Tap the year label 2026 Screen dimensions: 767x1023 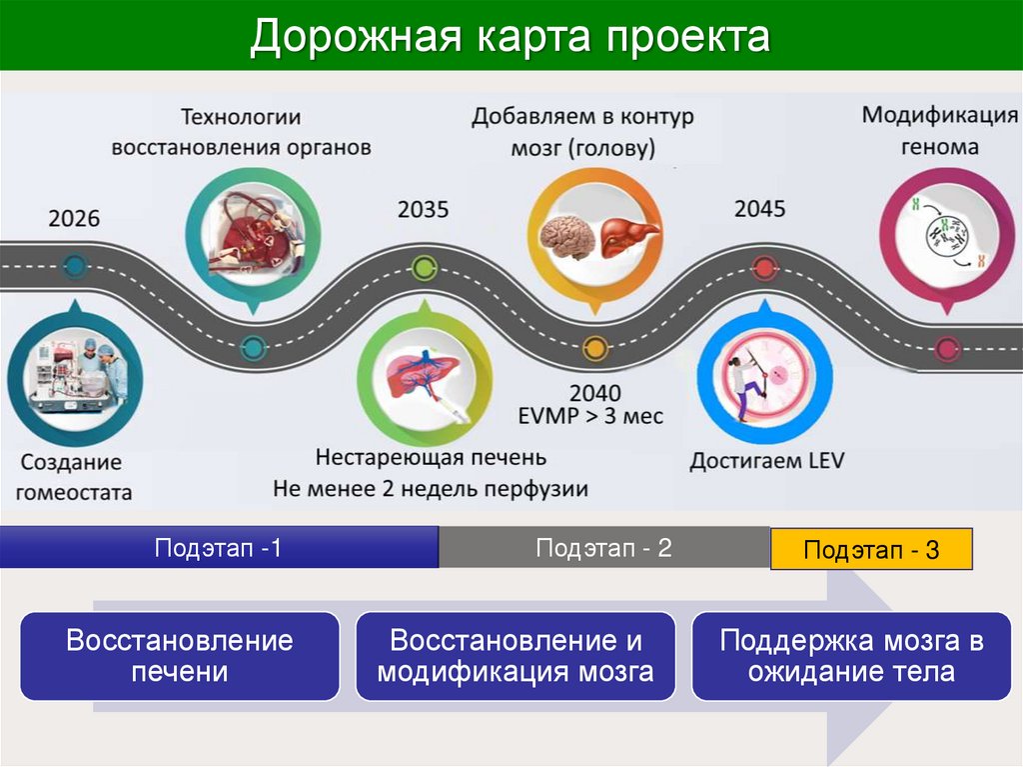click(x=74, y=217)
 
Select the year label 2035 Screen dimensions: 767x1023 click(x=424, y=210)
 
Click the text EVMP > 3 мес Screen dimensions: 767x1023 click(x=590, y=415)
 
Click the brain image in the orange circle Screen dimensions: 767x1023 click(x=566, y=237)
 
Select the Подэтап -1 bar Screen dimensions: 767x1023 click(x=218, y=548)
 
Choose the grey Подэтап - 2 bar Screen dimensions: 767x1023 click(x=603, y=548)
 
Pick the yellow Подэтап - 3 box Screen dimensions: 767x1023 click(x=871, y=550)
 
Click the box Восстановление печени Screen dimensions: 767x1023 click(x=180, y=656)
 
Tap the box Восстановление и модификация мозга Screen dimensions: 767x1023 click(x=515, y=656)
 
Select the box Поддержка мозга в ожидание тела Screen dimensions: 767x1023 click(x=851, y=656)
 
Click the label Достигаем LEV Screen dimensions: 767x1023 click(x=766, y=461)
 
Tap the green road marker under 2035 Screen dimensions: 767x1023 click(x=425, y=267)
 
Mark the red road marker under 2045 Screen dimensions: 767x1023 click(x=763, y=267)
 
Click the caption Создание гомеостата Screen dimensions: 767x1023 click(x=72, y=477)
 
